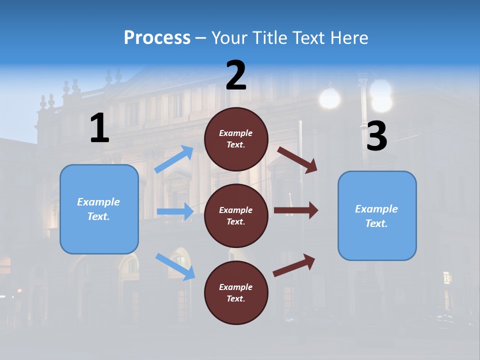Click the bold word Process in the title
click(x=157, y=37)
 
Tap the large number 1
click(x=99, y=128)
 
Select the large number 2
click(x=236, y=75)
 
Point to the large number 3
click(x=376, y=136)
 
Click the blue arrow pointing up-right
click(x=174, y=159)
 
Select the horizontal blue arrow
click(x=175, y=211)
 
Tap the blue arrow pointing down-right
click(x=175, y=266)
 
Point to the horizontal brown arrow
click(x=296, y=210)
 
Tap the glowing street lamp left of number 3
click(x=329, y=98)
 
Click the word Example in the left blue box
click(x=98, y=202)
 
